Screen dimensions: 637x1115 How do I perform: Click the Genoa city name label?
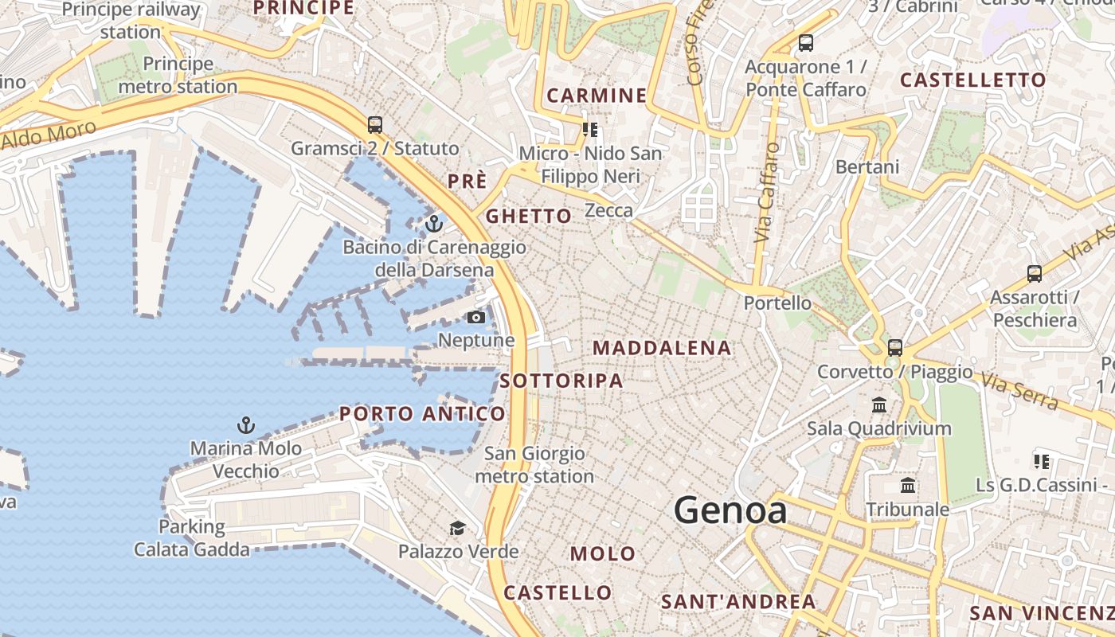click(730, 510)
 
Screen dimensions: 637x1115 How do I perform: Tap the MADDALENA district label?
click(662, 348)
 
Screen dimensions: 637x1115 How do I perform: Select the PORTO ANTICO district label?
click(422, 414)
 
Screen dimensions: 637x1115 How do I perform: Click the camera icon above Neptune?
click(476, 318)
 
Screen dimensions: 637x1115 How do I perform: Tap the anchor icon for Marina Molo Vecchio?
click(246, 425)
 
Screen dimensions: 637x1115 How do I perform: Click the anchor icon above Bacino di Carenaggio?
click(434, 224)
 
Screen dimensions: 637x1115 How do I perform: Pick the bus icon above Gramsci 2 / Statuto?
click(375, 125)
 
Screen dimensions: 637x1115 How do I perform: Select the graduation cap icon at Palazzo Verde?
click(457, 528)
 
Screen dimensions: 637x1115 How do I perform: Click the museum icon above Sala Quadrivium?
click(879, 405)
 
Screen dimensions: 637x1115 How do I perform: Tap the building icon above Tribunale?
click(908, 486)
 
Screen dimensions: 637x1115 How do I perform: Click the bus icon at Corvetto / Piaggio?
click(895, 348)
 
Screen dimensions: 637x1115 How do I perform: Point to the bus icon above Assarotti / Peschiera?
click(1034, 274)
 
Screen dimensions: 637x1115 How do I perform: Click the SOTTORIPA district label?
click(561, 381)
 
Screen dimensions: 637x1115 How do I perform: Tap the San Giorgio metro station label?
click(534, 465)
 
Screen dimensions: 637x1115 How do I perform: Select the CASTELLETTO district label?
click(972, 80)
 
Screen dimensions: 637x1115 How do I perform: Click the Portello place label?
click(777, 303)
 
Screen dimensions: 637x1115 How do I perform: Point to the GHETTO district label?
click(529, 217)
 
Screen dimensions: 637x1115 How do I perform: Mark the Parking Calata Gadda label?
click(191, 538)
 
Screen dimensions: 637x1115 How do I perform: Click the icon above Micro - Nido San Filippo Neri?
click(590, 129)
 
